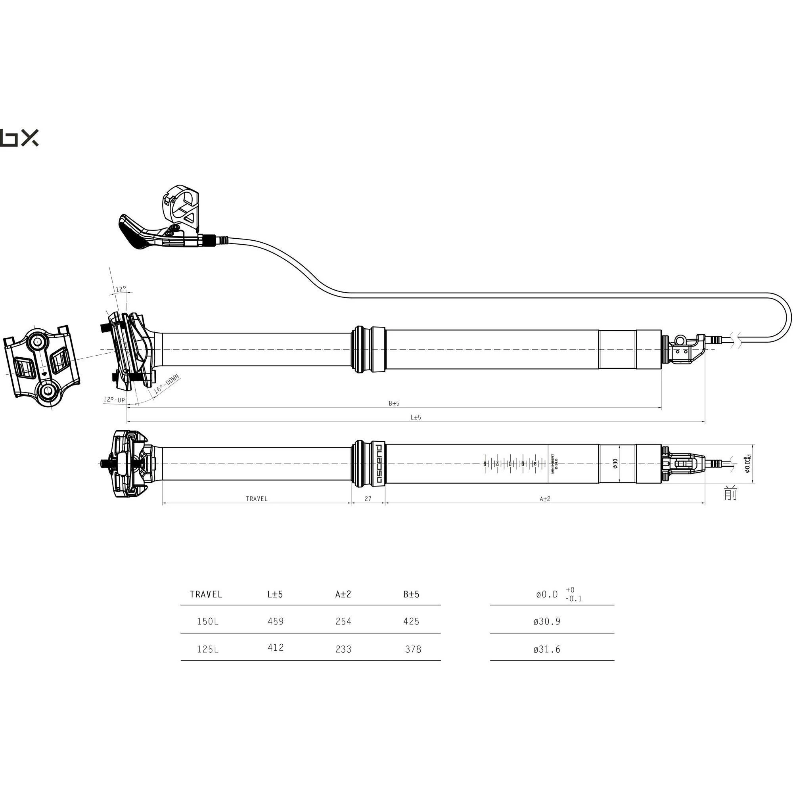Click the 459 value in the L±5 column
tap(276, 621)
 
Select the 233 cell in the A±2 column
tap(343, 649)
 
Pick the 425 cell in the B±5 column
tap(411, 621)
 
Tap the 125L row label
tap(208, 649)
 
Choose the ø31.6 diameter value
tap(547, 649)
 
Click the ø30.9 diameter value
tap(547, 621)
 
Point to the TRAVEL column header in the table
tap(206, 594)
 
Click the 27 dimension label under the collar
tap(368, 499)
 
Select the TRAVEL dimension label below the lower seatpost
tap(257, 499)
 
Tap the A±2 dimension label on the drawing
tap(545, 499)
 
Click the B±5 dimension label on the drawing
tap(394, 404)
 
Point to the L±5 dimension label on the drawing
tap(416, 418)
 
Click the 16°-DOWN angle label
tap(166, 385)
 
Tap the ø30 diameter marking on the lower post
tap(615, 464)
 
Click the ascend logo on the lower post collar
tap(379, 464)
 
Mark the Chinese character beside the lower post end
tap(731, 493)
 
